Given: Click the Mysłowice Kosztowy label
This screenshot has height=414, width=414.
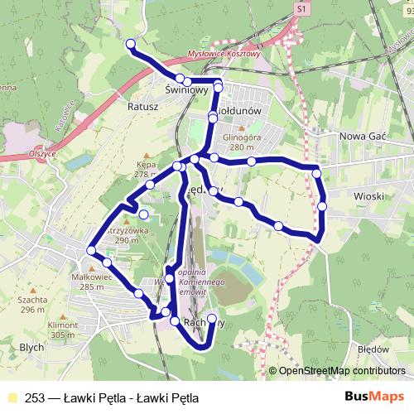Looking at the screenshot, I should [x=224, y=52].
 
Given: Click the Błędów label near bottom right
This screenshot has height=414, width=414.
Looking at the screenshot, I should [x=374, y=349].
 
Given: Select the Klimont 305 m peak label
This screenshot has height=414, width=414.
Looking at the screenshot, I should [x=64, y=330].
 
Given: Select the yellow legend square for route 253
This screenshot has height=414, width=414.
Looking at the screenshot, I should [x=12, y=397].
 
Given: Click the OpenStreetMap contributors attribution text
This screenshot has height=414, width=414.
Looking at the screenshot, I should [x=341, y=372].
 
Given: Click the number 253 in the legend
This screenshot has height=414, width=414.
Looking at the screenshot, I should [x=36, y=397].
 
